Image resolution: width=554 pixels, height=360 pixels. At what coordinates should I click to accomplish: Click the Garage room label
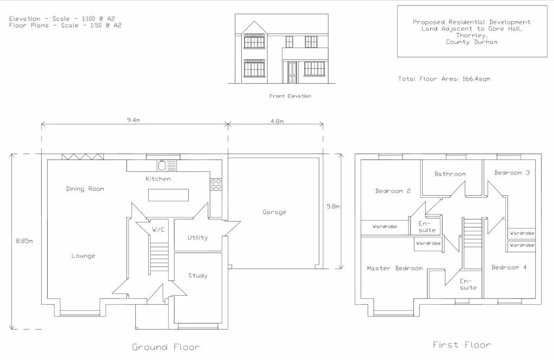click(274, 212)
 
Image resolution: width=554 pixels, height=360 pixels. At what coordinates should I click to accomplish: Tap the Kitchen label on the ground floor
click(158, 179)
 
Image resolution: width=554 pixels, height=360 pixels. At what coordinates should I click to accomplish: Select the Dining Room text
click(85, 189)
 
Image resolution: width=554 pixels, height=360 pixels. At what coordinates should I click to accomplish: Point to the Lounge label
click(83, 256)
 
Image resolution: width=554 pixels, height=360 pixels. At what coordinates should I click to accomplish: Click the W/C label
click(158, 230)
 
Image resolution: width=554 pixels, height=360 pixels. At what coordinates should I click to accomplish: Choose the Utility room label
click(197, 237)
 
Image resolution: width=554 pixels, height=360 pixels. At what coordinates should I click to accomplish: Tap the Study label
click(197, 276)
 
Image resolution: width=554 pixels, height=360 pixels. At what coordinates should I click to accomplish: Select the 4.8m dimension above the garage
click(276, 121)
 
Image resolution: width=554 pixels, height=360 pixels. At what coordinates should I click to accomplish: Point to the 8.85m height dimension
click(24, 241)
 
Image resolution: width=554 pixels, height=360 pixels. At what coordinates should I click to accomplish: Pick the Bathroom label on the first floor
click(450, 174)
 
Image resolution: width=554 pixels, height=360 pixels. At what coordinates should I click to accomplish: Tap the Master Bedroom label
click(394, 268)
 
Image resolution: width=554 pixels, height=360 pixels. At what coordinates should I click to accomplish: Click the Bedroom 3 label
click(512, 173)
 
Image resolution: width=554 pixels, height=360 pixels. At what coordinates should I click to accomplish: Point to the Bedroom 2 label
click(393, 191)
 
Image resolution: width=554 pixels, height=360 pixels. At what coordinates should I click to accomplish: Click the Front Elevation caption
click(291, 96)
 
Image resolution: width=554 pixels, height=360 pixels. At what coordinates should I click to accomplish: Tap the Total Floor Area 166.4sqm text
click(444, 79)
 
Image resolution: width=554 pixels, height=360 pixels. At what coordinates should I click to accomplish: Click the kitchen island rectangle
click(169, 195)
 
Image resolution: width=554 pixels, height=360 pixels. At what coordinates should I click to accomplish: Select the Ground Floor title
click(166, 347)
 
